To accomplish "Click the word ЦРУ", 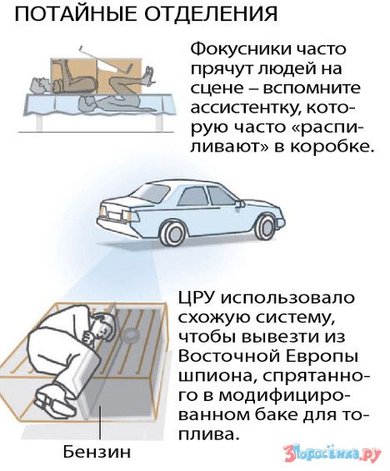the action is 197,298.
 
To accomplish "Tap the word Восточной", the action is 228,357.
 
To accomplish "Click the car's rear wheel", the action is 173,233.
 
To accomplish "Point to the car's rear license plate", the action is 114,215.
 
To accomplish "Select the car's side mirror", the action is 240,204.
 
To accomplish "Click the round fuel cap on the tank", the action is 131,335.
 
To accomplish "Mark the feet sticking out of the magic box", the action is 148,75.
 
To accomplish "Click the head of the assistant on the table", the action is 41,85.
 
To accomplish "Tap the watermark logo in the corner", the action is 332,452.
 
